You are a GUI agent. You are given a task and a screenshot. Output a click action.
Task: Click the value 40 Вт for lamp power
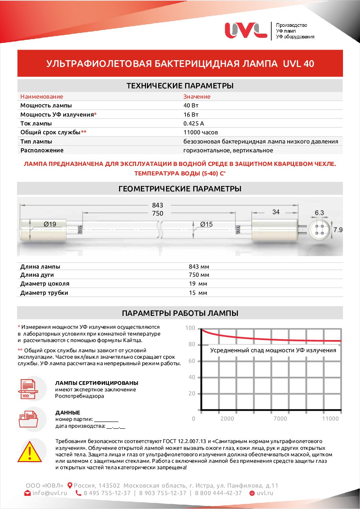191,105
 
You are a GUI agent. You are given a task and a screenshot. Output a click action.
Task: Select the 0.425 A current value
194,123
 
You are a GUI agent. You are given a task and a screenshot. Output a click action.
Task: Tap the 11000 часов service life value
200,132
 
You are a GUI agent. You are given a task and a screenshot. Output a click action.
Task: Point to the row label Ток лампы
36,123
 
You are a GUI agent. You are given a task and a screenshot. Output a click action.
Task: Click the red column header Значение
197,97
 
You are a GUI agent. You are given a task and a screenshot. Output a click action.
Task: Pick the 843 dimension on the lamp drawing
158,205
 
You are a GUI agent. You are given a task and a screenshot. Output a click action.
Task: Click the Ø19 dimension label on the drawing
50,224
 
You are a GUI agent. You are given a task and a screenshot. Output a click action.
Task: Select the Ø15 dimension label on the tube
206,224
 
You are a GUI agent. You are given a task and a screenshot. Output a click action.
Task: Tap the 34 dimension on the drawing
276,212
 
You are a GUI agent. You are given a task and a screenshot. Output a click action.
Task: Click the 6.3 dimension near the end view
319,213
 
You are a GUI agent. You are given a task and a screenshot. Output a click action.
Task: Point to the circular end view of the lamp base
320,230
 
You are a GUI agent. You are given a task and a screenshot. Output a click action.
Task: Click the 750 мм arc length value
199,275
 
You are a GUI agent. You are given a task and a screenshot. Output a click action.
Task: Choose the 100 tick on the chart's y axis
190,328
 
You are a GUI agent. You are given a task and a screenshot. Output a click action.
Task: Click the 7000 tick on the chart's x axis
280,419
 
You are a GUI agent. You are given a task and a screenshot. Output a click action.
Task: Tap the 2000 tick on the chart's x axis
227,419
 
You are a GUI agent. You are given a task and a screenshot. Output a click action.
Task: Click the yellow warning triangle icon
30,452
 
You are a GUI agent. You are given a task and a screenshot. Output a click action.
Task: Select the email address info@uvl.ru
50,493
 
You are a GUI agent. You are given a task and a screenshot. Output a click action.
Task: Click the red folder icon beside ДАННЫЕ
28,419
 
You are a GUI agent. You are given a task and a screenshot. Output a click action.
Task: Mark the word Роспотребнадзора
80,396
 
